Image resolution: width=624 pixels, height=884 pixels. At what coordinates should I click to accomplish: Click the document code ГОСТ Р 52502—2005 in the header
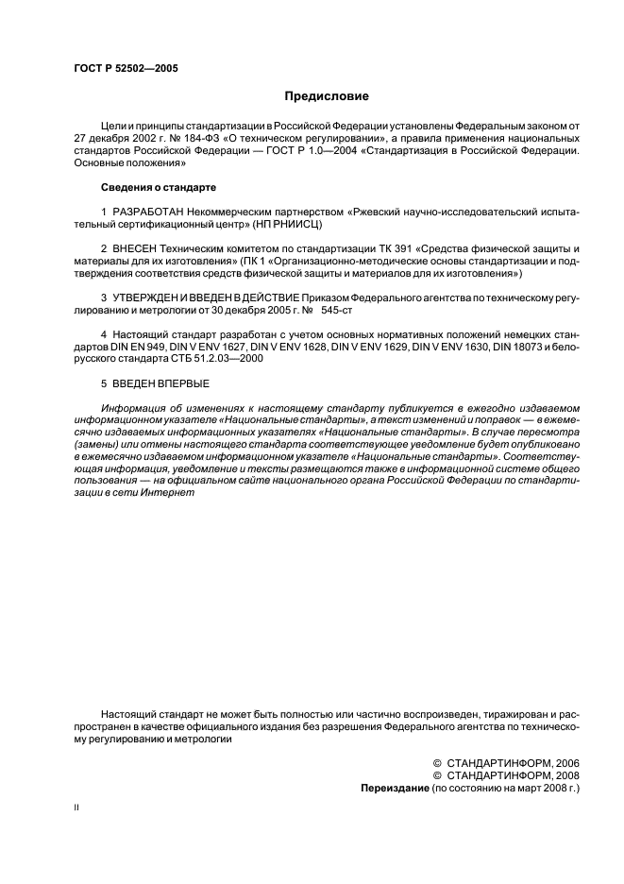[125, 69]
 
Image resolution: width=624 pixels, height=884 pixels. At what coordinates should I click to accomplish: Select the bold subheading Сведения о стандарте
[146, 188]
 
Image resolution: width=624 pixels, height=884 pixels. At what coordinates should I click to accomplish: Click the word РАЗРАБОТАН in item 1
[148, 212]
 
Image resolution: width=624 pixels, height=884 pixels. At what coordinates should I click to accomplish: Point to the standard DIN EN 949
[142, 347]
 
